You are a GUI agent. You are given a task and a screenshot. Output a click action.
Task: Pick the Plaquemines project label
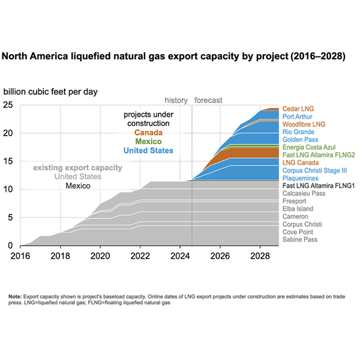301,178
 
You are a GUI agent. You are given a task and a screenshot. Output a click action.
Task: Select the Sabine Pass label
301,239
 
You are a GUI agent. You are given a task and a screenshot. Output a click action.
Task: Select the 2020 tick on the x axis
100,255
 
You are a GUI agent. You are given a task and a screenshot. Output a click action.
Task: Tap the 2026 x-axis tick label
220,255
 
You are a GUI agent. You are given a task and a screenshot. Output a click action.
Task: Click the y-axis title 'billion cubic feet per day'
50,92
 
